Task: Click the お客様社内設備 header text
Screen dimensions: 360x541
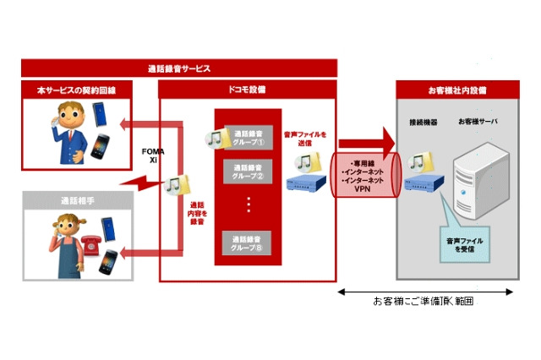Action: (456, 90)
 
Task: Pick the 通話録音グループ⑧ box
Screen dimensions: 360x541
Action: (249, 242)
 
